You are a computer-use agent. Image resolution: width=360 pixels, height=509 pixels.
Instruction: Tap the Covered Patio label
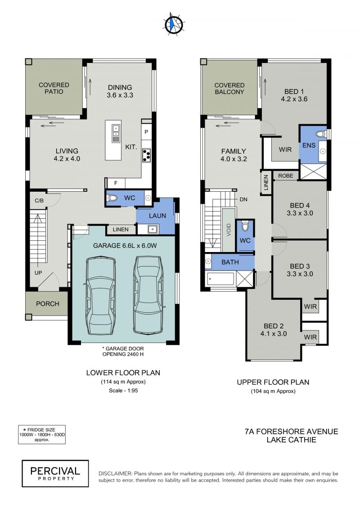tap(54, 88)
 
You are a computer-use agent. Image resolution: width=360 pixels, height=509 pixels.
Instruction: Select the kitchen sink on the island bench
tap(116, 134)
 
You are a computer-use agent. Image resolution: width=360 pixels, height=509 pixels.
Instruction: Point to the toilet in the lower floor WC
tap(112, 198)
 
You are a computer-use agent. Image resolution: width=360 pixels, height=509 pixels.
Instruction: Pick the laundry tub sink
tap(153, 229)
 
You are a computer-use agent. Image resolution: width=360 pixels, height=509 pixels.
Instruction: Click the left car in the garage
tap(100, 295)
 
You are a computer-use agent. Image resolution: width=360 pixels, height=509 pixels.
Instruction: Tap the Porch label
tap(48, 304)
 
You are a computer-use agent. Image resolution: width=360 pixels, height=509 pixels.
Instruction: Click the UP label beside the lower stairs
tap(38, 273)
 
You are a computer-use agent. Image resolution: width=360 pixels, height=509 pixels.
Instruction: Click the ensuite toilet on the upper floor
tap(321, 134)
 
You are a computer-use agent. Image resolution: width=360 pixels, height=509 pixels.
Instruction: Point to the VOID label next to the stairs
tap(229, 230)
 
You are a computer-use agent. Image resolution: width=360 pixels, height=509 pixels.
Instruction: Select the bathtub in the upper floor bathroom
tap(220, 279)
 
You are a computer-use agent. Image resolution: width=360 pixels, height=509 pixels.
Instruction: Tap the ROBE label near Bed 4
tap(286, 176)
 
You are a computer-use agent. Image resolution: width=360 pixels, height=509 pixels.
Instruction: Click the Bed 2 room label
tap(274, 330)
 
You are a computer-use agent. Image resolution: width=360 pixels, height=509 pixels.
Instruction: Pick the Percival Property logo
tap(55, 473)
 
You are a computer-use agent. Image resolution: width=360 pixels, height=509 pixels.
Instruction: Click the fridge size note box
tap(41, 435)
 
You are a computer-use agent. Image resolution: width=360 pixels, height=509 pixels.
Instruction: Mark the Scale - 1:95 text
tap(123, 391)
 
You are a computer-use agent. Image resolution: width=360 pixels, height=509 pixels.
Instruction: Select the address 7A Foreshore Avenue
tap(291, 432)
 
